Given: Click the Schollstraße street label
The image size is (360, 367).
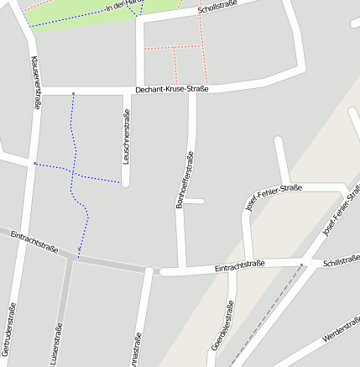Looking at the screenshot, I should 217,7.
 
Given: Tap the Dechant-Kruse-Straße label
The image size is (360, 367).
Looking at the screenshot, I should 171,88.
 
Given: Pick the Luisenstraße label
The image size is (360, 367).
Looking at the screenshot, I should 58,344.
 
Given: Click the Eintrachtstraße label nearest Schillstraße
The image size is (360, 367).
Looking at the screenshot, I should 240,265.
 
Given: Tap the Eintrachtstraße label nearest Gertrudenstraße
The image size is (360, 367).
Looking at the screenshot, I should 34,243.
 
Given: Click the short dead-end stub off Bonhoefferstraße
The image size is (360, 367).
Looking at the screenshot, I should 194,201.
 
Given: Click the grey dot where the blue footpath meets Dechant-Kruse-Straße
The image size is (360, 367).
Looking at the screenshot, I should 73,92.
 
